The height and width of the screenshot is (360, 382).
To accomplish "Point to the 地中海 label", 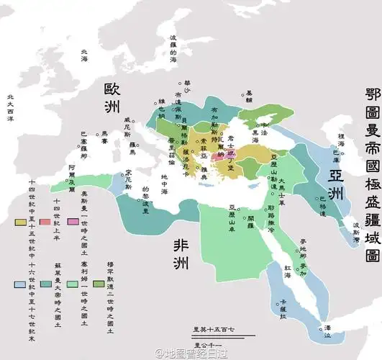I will [165, 190].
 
